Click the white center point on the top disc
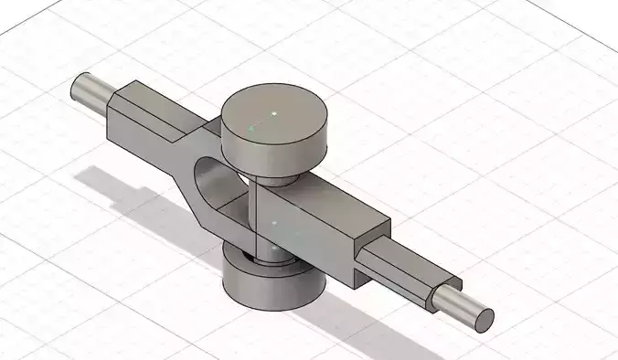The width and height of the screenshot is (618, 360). pyautogui.click(x=273, y=113)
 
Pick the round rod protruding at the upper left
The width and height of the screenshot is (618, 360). pyautogui.click(x=91, y=90)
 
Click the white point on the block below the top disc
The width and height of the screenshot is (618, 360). pyautogui.click(x=274, y=222)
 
